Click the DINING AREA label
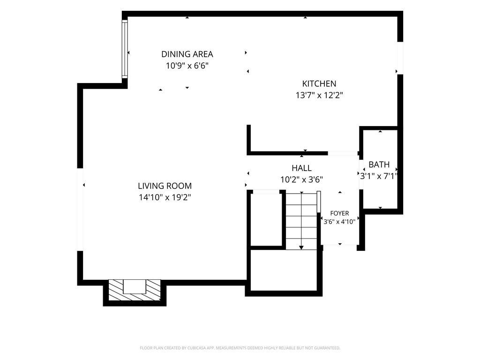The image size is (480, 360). pos(187,54)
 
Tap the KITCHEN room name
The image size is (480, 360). pos(319,83)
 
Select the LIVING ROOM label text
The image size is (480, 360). pos(165,186)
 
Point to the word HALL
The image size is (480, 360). pos(301,168)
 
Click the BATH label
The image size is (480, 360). pos(379,165)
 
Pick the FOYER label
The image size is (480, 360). pos(339,213)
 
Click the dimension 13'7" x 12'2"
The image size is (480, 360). pos(319,95)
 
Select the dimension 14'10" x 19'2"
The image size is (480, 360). pos(165,197)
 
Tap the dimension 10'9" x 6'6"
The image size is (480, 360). pos(187,66)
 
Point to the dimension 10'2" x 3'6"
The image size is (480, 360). pos(301,180)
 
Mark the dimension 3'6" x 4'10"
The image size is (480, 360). pos(339,222)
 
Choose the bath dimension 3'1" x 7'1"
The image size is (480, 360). pos(379,176)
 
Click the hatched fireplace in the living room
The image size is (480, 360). pos(135,290)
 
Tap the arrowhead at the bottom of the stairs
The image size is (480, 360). pos(301,247)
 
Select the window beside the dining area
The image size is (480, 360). pos(125,49)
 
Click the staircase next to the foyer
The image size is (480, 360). pos(301,220)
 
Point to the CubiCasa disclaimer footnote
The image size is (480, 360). pos(240,348)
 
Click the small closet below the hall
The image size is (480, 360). pos(266,219)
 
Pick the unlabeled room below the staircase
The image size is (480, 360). pos(284,270)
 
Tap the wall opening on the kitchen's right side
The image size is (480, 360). pos(400,58)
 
